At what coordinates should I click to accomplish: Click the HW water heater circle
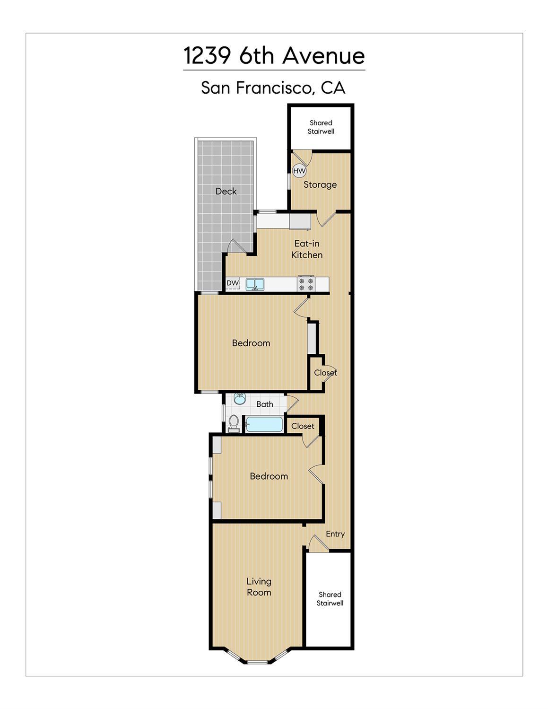pyautogui.click(x=299, y=171)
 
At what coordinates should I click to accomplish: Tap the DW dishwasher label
pyautogui.click(x=232, y=283)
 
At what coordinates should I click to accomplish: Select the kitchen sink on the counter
pyautogui.click(x=255, y=284)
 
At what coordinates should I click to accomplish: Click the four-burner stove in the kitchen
pyautogui.click(x=306, y=284)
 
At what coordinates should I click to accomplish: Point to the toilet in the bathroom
pyautogui.click(x=234, y=422)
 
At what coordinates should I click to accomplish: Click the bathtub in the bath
pyautogui.click(x=264, y=424)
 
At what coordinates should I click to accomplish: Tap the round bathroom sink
pyautogui.click(x=240, y=398)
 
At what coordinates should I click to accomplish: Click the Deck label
pyautogui.click(x=226, y=191)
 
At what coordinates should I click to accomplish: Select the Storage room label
pyautogui.click(x=320, y=184)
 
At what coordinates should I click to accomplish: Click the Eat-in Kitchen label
pyautogui.click(x=307, y=249)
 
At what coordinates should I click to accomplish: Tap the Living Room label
pyautogui.click(x=259, y=586)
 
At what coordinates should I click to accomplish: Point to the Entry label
pyautogui.click(x=335, y=534)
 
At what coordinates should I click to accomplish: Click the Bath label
pyautogui.click(x=265, y=404)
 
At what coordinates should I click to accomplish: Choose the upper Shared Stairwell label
pyautogui.click(x=321, y=127)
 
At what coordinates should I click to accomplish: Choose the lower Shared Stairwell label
pyautogui.click(x=330, y=599)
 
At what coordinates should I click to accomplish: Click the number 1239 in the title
pyautogui.click(x=207, y=56)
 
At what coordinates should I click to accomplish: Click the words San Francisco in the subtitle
pyautogui.click(x=257, y=88)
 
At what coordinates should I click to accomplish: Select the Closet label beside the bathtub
pyautogui.click(x=303, y=426)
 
